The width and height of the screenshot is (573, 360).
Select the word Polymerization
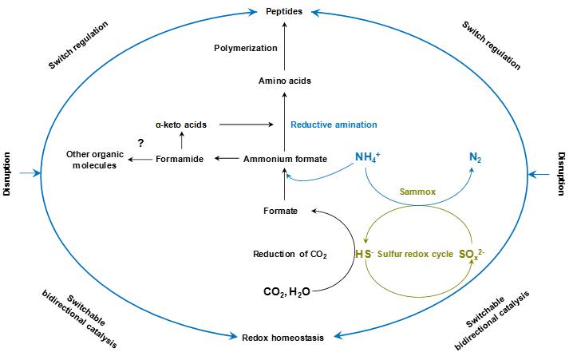(x=246, y=48)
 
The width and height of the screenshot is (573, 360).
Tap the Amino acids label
(x=285, y=81)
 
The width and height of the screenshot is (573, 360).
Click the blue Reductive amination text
(x=334, y=125)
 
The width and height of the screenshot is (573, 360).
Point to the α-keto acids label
(x=182, y=125)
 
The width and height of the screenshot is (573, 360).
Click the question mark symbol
(x=140, y=142)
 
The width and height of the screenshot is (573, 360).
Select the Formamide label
(x=181, y=160)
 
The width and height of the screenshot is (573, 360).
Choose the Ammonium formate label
(x=285, y=160)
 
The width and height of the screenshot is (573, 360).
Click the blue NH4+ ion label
(x=367, y=156)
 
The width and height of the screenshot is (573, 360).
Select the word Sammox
(x=419, y=192)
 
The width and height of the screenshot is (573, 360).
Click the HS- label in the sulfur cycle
(x=364, y=253)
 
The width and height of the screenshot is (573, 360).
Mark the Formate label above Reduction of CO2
(x=280, y=211)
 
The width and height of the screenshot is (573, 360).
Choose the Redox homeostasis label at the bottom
(x=283, y=338)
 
